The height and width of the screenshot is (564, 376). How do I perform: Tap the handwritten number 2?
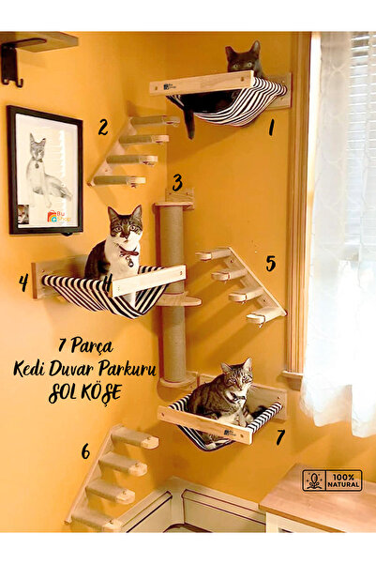(x=102, y=127)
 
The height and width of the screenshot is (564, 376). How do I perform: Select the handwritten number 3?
(x=177, y=182)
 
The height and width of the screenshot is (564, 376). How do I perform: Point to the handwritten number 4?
(x=23, y=282)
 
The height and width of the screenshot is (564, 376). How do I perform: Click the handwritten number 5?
(x=270, y=263)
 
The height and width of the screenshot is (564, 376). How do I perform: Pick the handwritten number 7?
(x=279, y=436)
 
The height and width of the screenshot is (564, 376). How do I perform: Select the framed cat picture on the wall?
(x=44, y=169)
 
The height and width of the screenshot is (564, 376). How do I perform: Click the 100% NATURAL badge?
(x=331, y=480)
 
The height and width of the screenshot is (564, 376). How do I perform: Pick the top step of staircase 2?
(x=155, y=121)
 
